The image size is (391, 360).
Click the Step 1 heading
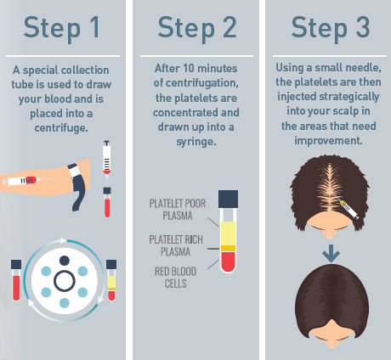[x=62, y=28]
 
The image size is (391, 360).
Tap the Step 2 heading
[x=197, y=28]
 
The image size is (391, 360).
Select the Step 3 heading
[x=331, y=28]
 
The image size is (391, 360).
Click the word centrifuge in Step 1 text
[x=61, y=128]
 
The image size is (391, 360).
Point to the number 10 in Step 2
[x=188, y=69]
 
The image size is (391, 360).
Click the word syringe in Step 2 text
[x=196, y=142]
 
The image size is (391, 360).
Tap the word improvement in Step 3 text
[x=328, y=141]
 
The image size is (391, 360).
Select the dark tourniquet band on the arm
[x=77, y=185]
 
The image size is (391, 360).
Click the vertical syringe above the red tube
[x=106, y=160]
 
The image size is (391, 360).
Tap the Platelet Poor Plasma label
[x=178, y=210]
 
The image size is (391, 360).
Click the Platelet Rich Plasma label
[x=176, y=245]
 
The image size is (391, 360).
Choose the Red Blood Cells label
[x=175, y=278]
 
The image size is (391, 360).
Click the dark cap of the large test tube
[x=228, y=199]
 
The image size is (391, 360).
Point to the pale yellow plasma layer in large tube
[x=228, y=233]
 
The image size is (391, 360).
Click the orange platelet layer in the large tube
[x=228, y=249]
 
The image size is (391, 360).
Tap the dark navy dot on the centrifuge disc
[x=65, y=261]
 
